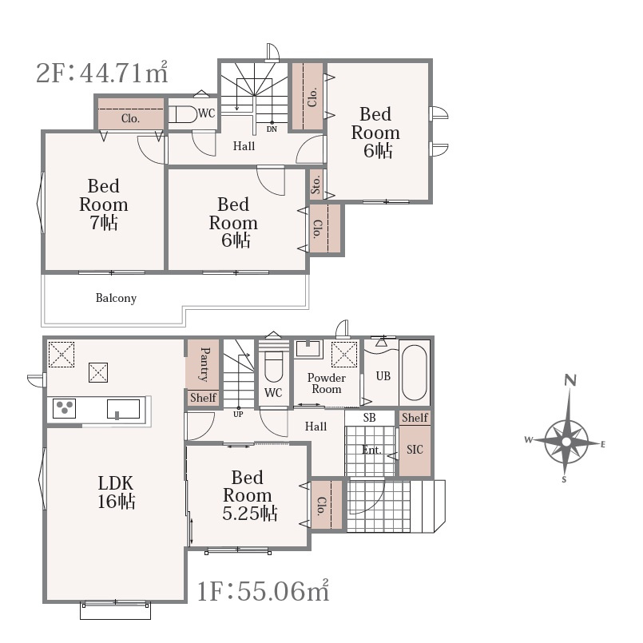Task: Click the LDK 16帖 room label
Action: (x=116, y=492)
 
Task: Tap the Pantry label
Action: (x=204, y=364)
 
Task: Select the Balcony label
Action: (x=116, y=298)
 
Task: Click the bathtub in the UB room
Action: (x=415, y=372)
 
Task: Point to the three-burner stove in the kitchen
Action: (x=65, y=408)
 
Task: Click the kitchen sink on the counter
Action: (x=124, y=409)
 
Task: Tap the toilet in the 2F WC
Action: (x=183, y=114)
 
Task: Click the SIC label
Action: (x=415, y=450)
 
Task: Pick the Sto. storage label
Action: (x=316, y=185)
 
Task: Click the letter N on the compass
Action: (x=570, y=380)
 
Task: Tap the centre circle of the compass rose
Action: (x=566, y=442)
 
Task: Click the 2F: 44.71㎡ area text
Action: (x=102, y=72)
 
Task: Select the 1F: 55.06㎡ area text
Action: (x=264, y=591)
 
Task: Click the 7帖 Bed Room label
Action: (x=104, y=204)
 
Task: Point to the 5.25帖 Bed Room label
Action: (x=250, y=495)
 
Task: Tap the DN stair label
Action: (x=272, y=129)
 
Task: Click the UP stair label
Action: (x=238, y=415)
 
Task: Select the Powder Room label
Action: (x=327, y=383)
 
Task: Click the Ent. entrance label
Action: (x=371, y=450)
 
